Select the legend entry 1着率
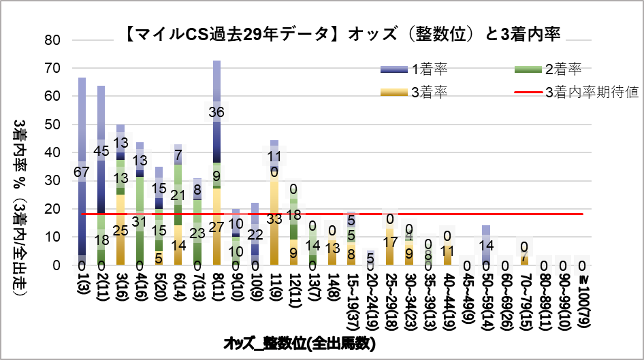(x=429, y=69)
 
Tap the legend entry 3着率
(x=429, y=92)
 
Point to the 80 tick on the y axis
(x=53, y=40)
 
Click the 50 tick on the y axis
(x=53, y=125)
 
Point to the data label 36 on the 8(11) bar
(x=216, y=113)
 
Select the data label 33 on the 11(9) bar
(x=274, y=219)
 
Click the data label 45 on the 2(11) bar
(x=101, y=151)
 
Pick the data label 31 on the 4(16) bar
(x=140, y=221)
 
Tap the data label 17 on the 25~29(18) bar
(x=390, y=242)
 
